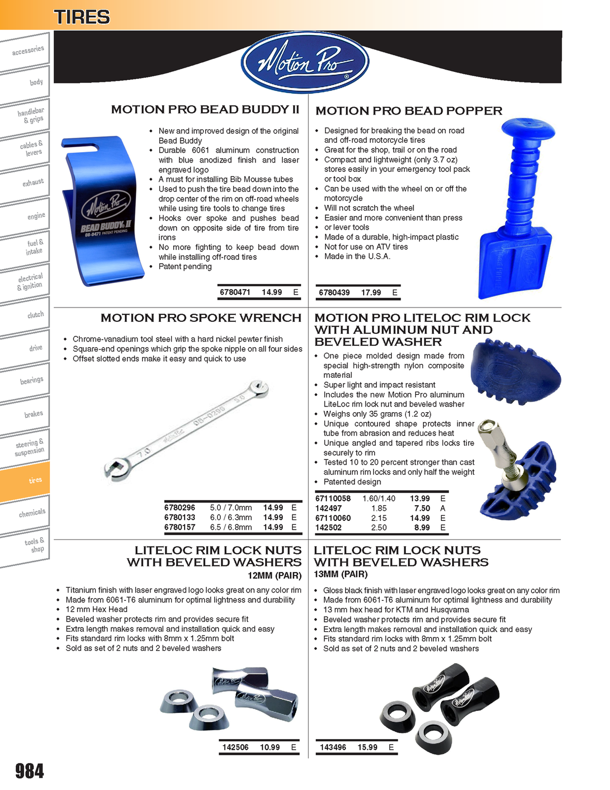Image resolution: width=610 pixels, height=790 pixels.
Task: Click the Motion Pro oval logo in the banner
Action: click(305, 62)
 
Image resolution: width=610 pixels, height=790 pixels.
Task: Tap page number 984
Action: click(30, 771)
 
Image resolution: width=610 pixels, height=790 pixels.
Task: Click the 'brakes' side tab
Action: click(30, 414)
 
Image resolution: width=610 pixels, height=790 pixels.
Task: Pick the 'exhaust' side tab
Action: click(30, 183)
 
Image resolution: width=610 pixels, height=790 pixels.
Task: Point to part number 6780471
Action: click(235, 292)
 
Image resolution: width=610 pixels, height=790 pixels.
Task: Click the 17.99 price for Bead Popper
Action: click(371, 293)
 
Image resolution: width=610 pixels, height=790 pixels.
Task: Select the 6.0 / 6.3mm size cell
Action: click(230, 517)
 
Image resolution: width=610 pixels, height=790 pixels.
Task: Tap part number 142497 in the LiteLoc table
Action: click(328, 508)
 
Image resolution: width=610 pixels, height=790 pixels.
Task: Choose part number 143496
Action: click(333, 748)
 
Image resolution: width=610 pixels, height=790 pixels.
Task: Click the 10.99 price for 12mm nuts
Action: click(270, 748)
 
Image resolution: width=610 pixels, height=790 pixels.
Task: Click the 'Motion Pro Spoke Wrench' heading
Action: click(201, 318)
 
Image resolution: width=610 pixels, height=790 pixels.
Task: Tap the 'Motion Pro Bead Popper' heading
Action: click(409, 111)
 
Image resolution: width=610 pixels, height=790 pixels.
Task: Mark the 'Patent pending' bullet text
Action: click(185, 267)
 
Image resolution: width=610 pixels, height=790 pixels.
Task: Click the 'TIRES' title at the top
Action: click(82, 17)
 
